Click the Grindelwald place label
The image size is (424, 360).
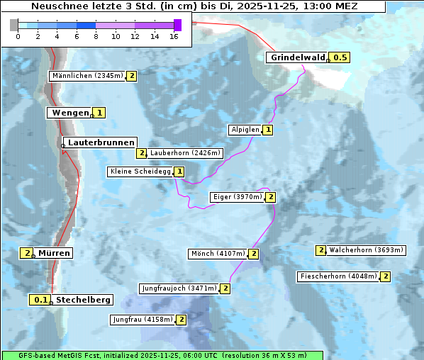coord(296,57)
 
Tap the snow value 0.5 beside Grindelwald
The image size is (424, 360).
coord(340,57)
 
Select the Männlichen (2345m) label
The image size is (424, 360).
coord(88,76)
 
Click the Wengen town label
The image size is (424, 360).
coord(69,113)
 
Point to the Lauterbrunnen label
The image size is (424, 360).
coord(100,142)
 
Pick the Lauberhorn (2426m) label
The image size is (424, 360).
coord(186,153)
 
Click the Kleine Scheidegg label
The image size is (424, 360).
coord(140,171)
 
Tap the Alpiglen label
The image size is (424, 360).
coord(245,130)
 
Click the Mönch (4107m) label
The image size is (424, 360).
coord(218,254)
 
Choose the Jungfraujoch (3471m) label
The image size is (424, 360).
coord(179,288)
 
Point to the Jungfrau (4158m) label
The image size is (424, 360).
coord(143,320)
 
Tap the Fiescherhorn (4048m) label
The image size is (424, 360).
coord(338,276)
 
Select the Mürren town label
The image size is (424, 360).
coord(54,253)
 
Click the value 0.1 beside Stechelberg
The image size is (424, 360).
coord(41,300)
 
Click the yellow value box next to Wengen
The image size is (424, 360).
coord(100,113)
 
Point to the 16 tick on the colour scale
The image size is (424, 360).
coord(174,36)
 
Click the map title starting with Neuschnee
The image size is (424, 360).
coord(194,6)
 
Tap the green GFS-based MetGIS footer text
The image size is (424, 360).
coord(162,354)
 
